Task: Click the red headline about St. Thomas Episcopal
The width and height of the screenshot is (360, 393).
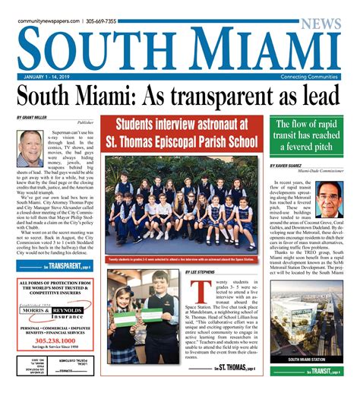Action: pos(180,132)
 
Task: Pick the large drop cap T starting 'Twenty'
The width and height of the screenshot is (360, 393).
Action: pos(199,296)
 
